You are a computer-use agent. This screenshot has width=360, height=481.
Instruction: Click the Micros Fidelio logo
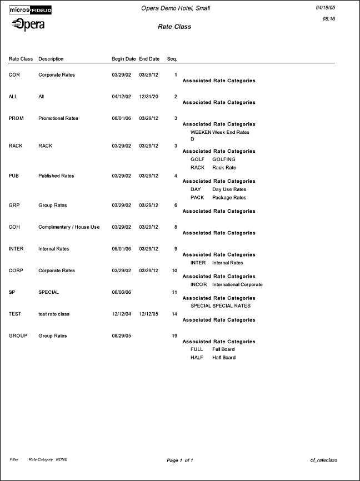(31, 9)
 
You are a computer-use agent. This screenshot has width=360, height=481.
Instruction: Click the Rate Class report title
(174, 27)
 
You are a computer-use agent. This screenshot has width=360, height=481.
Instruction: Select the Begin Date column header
(124, 59)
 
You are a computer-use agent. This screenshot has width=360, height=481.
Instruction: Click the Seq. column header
(172, 59)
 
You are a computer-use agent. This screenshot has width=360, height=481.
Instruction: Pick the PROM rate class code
(16, 118)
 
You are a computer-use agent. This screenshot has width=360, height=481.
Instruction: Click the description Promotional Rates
(58, 118)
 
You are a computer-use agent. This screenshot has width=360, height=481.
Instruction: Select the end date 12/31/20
(149, 97)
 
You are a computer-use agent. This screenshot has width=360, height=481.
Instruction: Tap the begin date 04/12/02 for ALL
(122, 97)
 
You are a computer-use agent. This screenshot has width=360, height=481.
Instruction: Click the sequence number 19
(174, 335)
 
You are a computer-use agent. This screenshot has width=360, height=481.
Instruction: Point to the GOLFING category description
(224, 159)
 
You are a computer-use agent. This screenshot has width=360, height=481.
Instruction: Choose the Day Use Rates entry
(229, 189)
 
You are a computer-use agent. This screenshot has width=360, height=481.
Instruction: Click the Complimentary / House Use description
(69, 227)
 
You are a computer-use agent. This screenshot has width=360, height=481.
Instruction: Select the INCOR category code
(198, 284)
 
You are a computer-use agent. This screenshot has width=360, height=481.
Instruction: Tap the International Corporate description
(237, 284)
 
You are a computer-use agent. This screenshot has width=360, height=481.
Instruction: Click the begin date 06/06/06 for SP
(122, 292)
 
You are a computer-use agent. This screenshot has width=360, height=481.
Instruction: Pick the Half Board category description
(224, 358)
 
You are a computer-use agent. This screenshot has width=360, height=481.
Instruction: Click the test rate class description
(54, 314)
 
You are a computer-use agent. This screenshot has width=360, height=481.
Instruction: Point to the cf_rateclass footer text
(324, 460)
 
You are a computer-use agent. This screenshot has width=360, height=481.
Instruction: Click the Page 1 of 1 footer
(180, 460)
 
